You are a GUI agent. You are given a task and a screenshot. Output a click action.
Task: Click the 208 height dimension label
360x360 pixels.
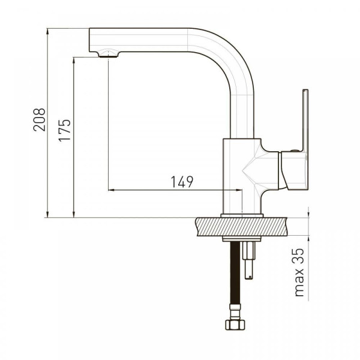coord(39,119)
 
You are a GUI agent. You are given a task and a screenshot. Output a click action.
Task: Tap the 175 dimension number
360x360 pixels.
coord(65,130)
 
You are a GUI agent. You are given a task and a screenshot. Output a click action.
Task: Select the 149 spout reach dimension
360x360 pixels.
coord(182,182)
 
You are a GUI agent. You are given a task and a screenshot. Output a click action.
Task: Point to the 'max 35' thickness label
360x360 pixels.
coord(299,272)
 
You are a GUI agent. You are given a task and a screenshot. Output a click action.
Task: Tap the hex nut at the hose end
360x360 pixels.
coord(235,325)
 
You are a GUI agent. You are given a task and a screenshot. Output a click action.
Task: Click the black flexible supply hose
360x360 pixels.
coord(235,273)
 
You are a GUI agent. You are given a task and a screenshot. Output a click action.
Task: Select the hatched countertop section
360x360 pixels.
coord(241,227)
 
